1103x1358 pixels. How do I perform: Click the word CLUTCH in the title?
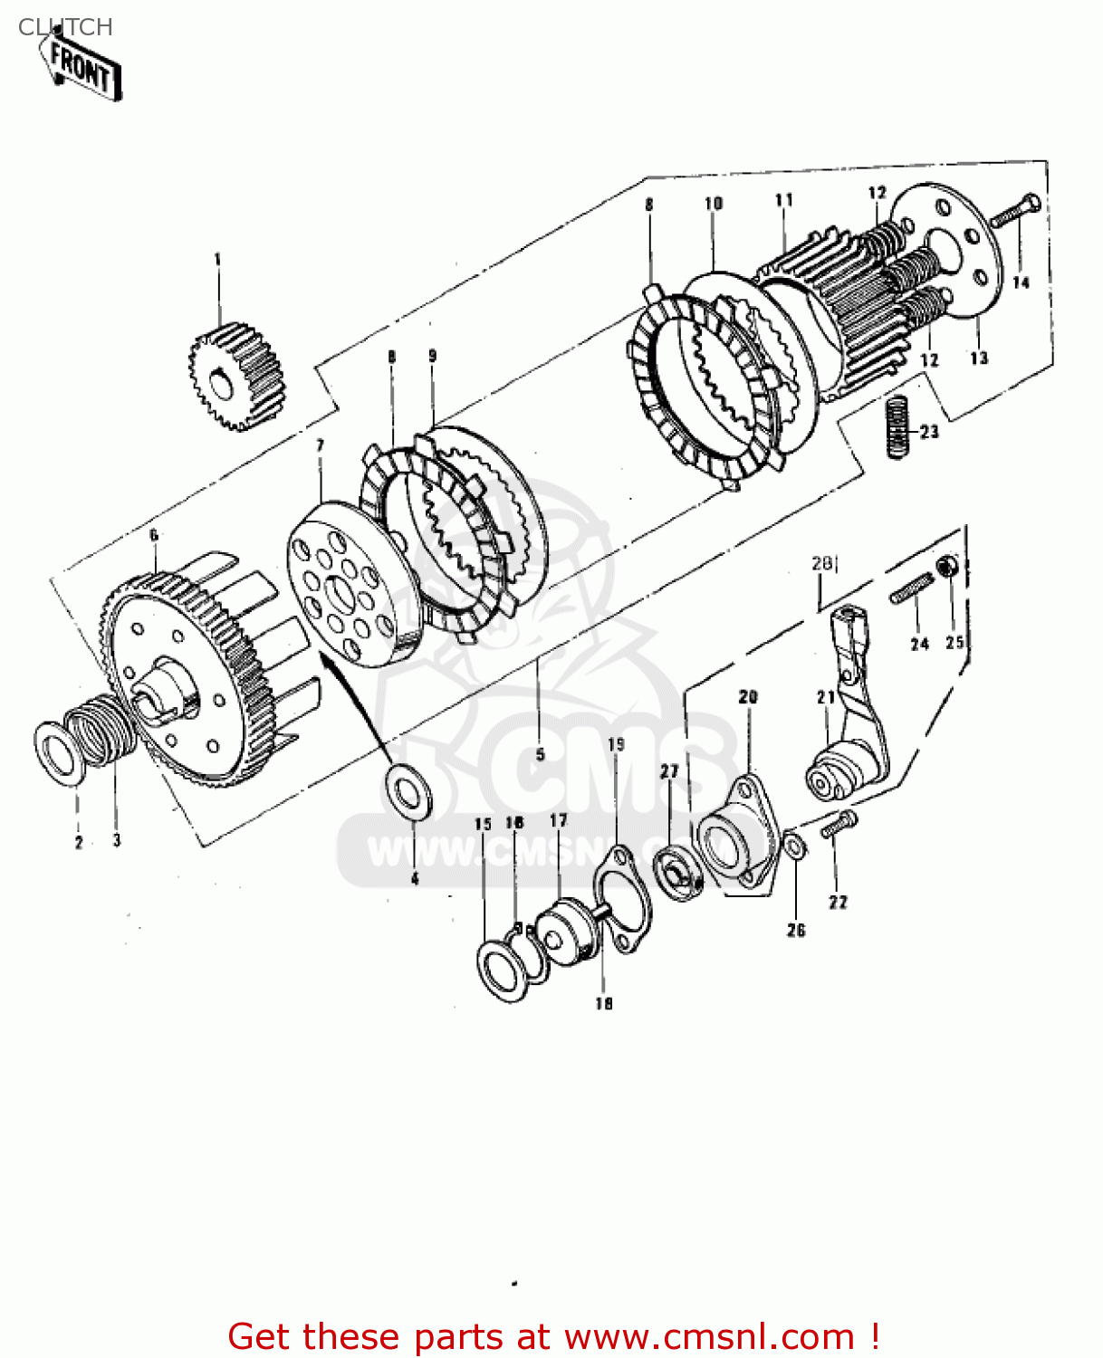tap(65, 27)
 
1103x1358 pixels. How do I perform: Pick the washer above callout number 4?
tap(409, 790)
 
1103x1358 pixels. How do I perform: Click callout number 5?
tap(540, 754)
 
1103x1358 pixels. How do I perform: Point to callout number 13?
tap(979, 358)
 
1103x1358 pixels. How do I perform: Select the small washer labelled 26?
tap(794, 848)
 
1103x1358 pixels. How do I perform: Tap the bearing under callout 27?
tap(677, 870)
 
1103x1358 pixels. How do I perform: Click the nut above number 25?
tap(947, 567)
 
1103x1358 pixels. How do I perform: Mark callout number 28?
tap(821, 563)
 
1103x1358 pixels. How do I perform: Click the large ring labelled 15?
tap(503, 970)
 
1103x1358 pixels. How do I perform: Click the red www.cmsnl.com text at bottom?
tap(707, 1337)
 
